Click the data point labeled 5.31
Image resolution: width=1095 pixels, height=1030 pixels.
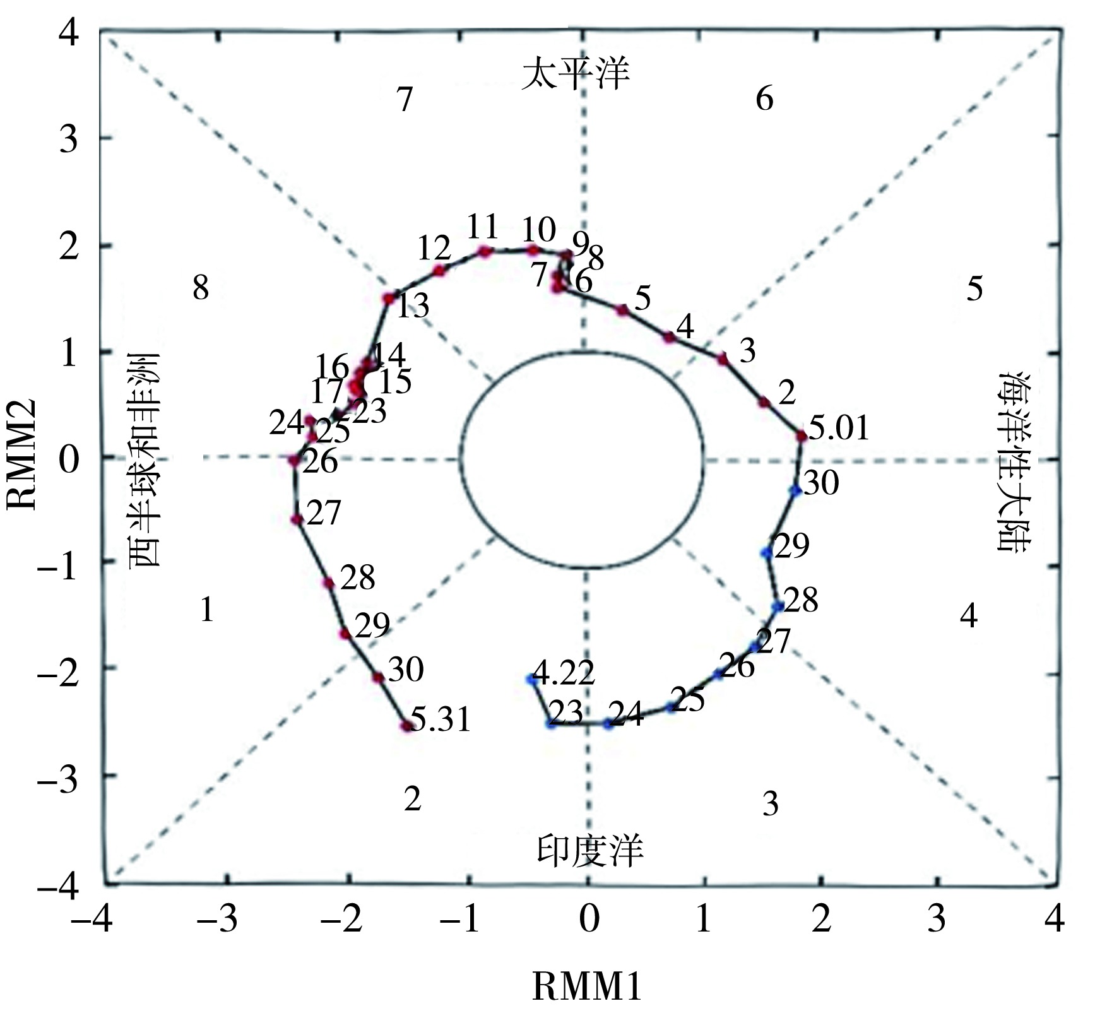tap(406, 726)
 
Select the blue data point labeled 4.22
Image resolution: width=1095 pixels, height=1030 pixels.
tap(531, 679)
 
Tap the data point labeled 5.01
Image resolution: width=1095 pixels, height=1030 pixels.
tap(802, 435)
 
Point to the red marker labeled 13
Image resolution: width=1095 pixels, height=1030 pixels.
tap(389, 298)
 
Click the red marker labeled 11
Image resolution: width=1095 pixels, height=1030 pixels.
tap(485, 251)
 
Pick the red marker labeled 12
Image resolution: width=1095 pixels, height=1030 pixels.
tap(439, 271)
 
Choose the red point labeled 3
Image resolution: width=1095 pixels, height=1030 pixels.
tap(723, 359)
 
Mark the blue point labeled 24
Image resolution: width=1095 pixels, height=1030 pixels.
tap(608, 724)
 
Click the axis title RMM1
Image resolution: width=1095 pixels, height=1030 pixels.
tap(587, 986)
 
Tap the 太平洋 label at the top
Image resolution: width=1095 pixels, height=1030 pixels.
tap(576, 74)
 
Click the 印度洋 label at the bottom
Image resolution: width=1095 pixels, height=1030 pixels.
tap(590, 849)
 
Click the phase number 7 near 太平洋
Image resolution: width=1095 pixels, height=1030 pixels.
tap(405, 99)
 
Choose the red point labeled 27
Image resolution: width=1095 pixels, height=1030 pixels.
tap(297, 519)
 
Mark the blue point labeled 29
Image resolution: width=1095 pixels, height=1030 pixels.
tap(767, 553)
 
